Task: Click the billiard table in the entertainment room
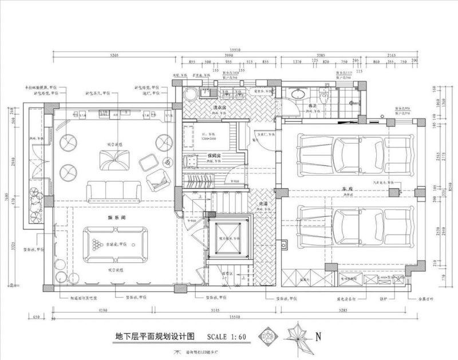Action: tap(114, 244)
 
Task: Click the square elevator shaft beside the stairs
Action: tap(228, 236)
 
